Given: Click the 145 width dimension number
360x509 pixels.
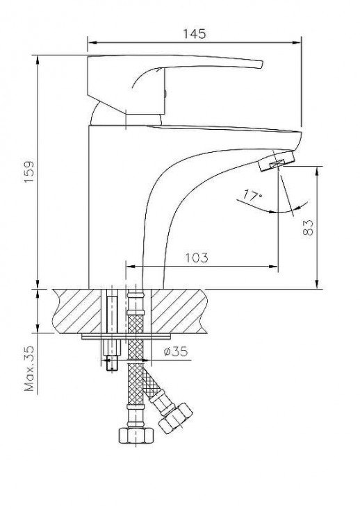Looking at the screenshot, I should (195, 33).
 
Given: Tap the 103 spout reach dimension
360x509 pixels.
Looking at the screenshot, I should (198, 258).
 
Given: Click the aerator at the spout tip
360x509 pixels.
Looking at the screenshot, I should (275, 163).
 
